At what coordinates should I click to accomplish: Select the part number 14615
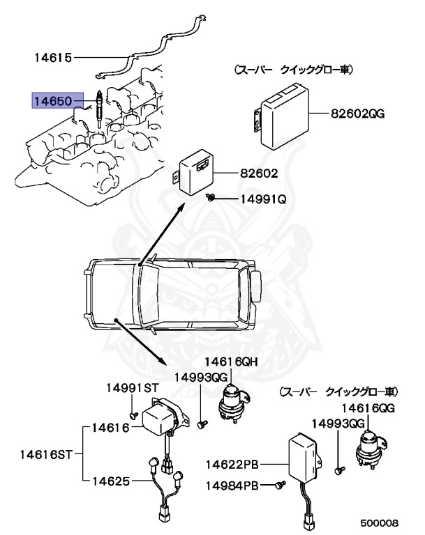click(x=52, y=56)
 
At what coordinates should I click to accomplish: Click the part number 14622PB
click(x=232, y=464)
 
